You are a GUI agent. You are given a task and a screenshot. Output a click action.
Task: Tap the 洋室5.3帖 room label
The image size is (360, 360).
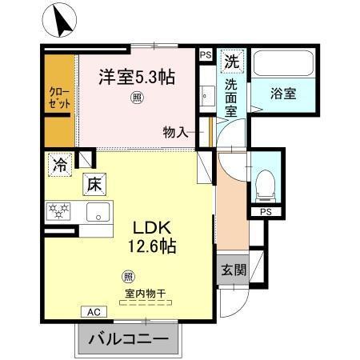138,78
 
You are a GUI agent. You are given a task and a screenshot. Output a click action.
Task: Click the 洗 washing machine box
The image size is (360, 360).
230,60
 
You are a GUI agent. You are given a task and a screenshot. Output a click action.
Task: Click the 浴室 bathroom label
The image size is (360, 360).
282,93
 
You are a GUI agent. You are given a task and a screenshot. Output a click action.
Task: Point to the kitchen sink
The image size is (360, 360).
99,213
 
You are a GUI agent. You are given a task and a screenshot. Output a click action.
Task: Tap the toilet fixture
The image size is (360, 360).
263,185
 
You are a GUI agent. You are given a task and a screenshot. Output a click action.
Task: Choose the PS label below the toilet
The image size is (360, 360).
264,212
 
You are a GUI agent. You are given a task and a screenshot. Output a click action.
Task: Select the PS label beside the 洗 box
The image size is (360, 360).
206,55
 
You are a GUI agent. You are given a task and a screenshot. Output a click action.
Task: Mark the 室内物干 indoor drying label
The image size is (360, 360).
145,294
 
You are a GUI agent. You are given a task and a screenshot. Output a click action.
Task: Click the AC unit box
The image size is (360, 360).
92,311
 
